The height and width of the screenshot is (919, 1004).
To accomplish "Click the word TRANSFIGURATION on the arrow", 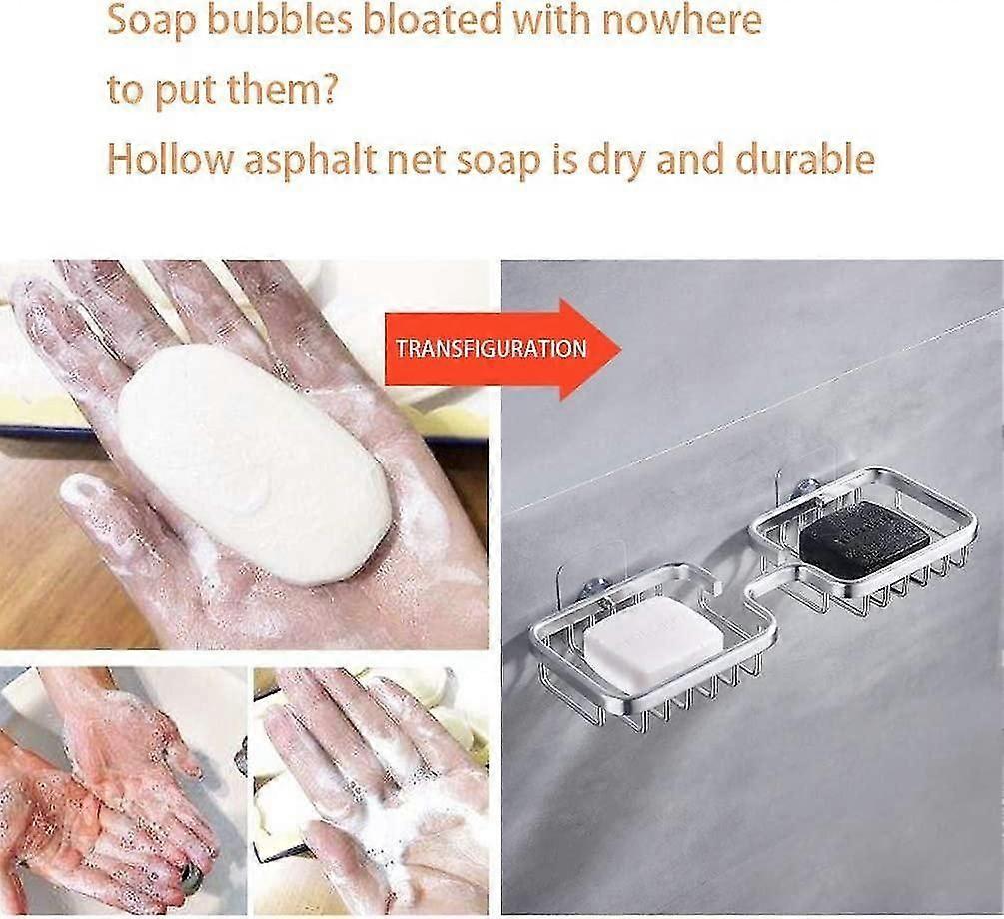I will [x=491, y=349].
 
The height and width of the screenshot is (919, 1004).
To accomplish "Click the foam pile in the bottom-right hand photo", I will [x=400, y=839].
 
